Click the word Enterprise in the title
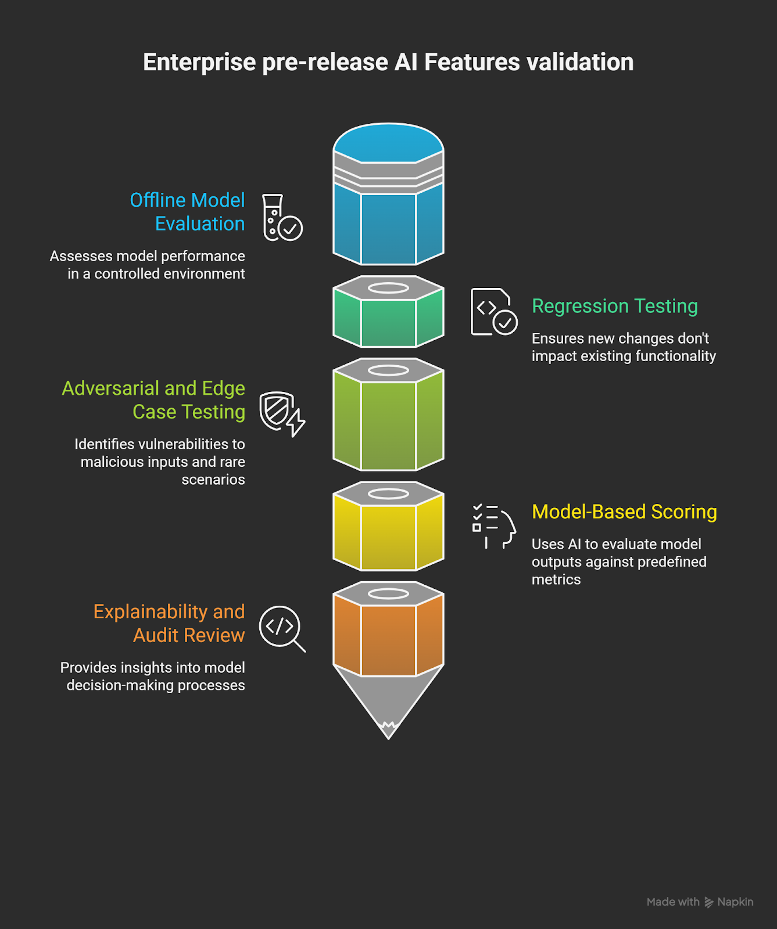click(199, 63)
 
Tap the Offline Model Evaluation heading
click(187, 212)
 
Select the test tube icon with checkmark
click(282, 218)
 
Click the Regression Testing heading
click(614, 306)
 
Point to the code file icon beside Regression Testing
click(493, 312)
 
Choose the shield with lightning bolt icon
click(282, 413)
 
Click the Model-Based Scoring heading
click(624, 512)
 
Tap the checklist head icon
click(493, 526)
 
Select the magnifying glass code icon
click(282, 628)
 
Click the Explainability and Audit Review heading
click(169, 624)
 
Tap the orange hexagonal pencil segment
click(388, 639)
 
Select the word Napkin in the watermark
click(735, 902)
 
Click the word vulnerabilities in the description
click(176, 444)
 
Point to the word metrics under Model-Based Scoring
click(556, 579)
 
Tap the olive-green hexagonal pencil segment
click(388, 424)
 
